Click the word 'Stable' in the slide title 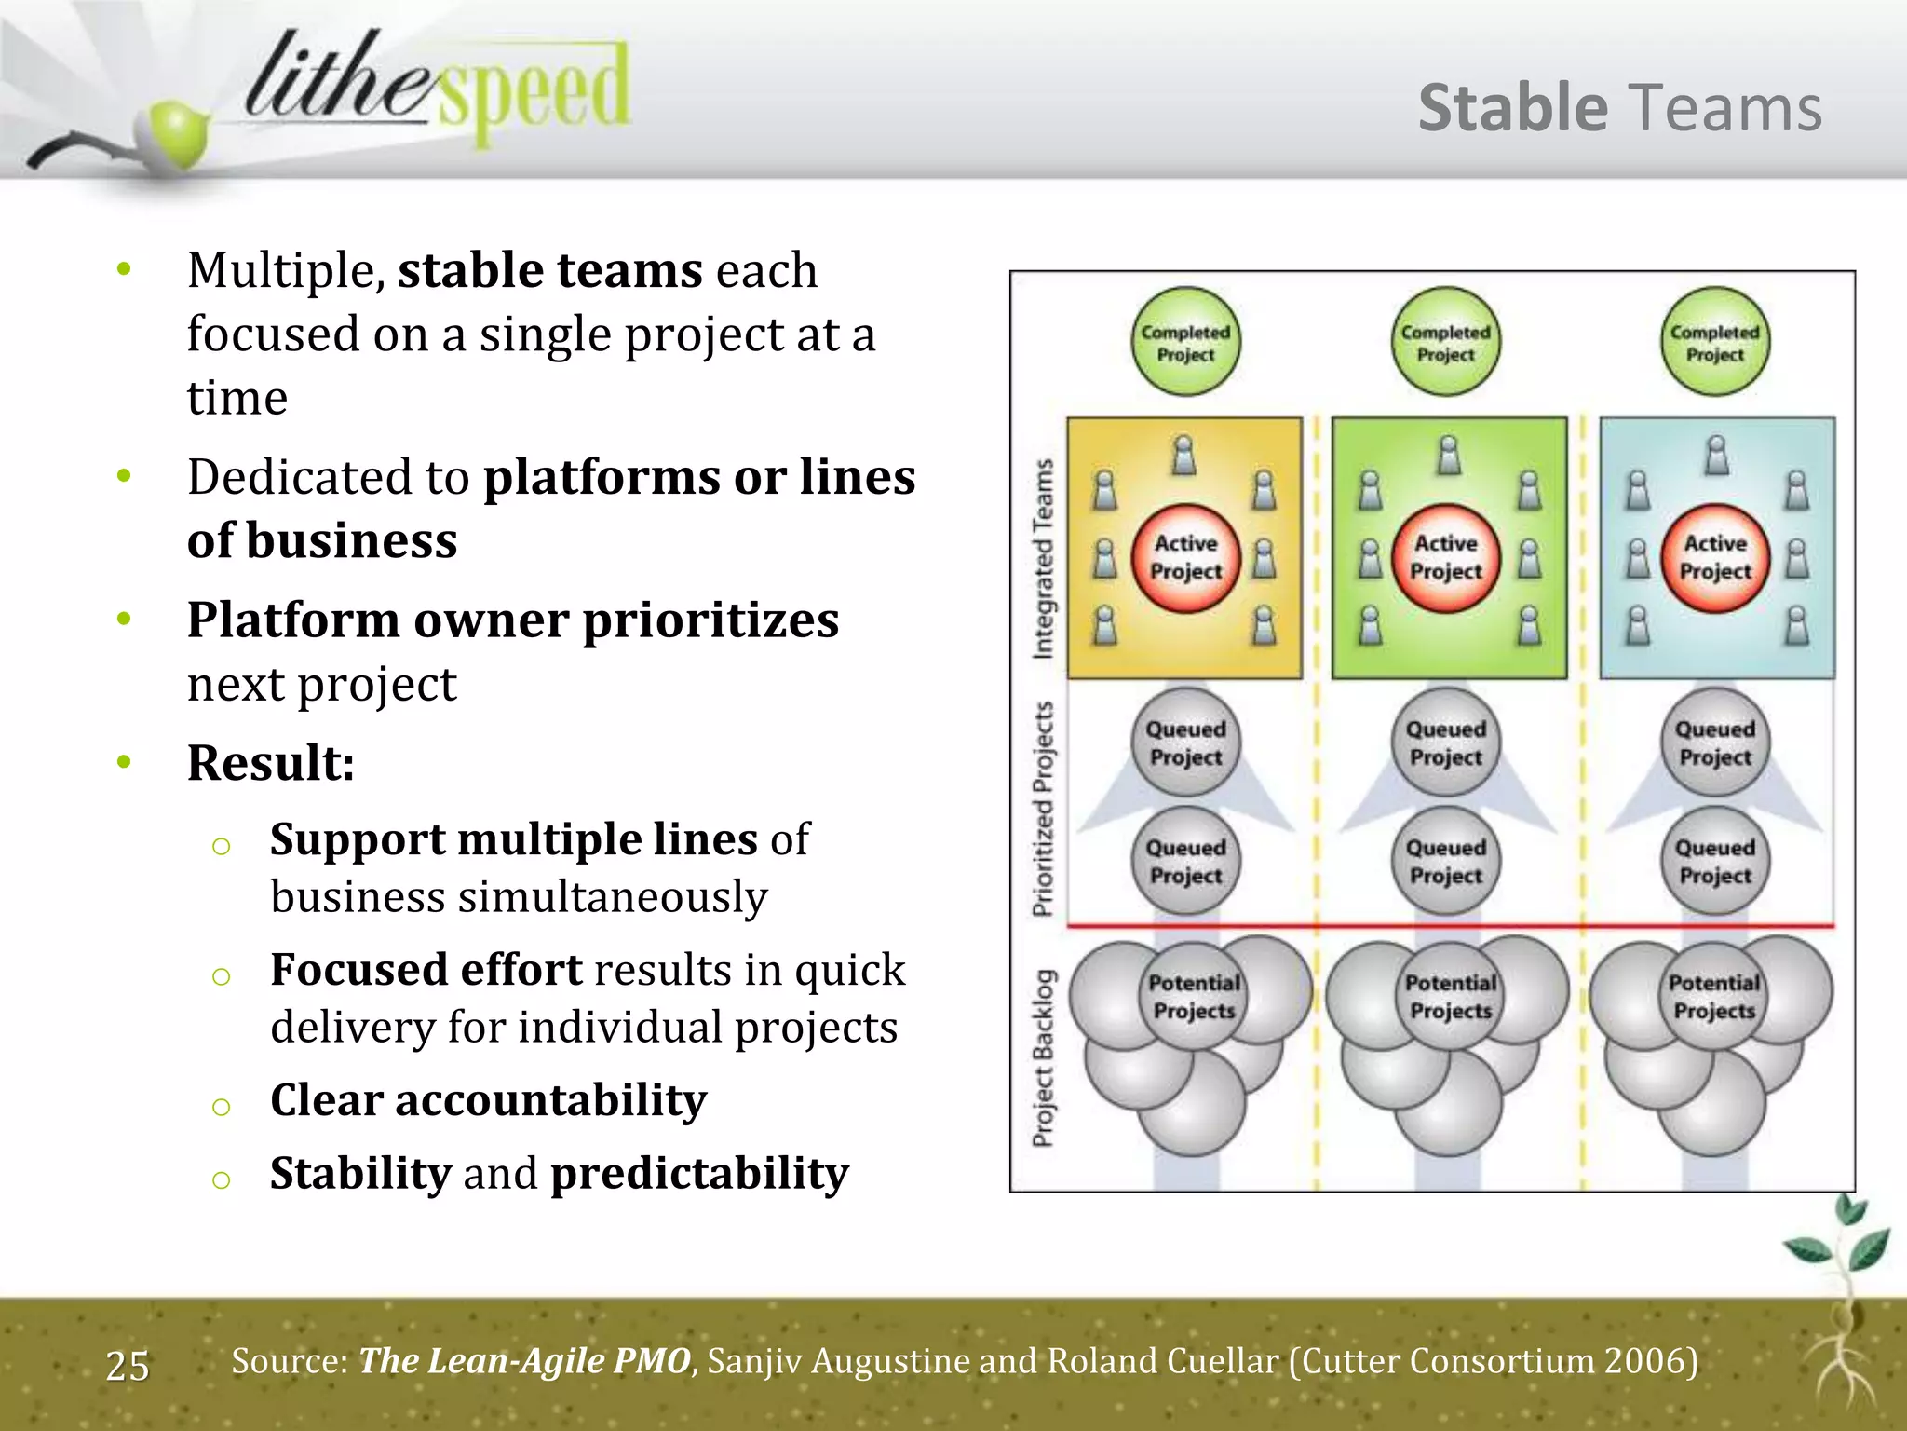[1512, 109]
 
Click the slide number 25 [128, 1366]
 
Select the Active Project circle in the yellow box [1185, 558]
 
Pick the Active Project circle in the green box [1446, 558]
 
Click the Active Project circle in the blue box [1715, 558]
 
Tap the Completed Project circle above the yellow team [1185, 342]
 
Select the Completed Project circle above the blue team [1714, 342]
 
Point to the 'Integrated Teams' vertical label [1044, 558]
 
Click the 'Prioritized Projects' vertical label [1044, 809]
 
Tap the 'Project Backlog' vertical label [1044, 1057]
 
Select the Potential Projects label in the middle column [1451, 997]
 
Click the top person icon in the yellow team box [1183, 456]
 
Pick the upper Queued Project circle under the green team [1446, 743]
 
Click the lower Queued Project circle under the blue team [1715, 861]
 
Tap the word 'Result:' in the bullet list [270, 763]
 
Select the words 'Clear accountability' [488, 1100]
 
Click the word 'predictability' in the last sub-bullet [699, 1174]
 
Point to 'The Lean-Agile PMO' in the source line [524, 1361]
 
